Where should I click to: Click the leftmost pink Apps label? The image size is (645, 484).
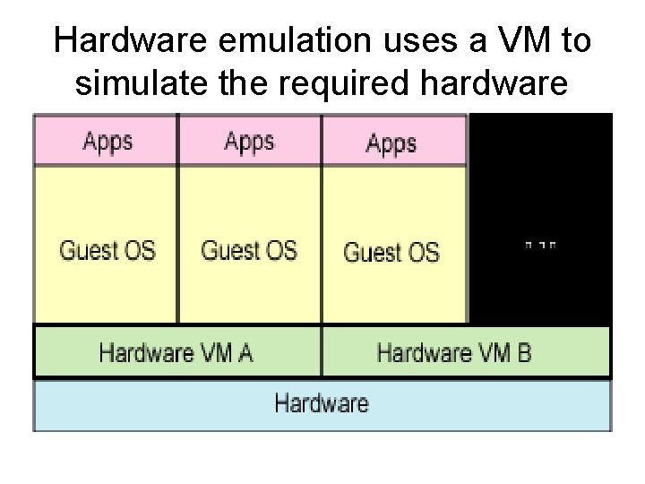tap(107, 141)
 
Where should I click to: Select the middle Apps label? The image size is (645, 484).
tap(249, 141)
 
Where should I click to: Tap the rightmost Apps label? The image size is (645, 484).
tap(391, 143)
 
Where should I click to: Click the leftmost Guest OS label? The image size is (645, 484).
tap(107, 248)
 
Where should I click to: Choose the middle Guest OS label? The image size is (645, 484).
tap(249, 248)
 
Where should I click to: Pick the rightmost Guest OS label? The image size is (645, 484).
tap(391, 252)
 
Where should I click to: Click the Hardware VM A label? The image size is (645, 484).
tap(176, 352)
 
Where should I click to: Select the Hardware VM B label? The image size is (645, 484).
tap(454, 352)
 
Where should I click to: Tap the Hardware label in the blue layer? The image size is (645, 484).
tap(322, 402)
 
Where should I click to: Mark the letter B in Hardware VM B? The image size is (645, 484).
tap(523, 352)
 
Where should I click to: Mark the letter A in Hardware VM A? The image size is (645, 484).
tap(245, 352)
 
